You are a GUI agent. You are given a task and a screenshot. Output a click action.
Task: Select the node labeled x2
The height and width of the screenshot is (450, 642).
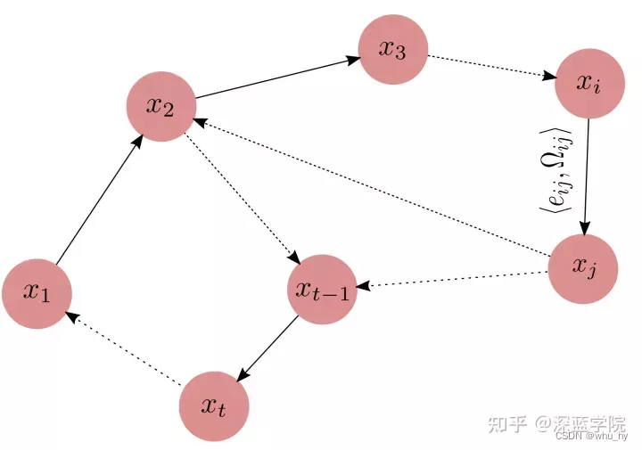coord(161,106)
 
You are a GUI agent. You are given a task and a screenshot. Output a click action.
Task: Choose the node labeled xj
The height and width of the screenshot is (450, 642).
coord(580,266)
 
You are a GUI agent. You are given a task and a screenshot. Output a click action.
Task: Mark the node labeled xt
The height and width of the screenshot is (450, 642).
coord(213,407)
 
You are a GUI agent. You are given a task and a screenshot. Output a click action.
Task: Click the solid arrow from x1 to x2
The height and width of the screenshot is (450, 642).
coord(98,201)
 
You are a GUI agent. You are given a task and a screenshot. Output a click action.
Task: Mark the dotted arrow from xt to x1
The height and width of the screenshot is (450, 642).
coord(125,350)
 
